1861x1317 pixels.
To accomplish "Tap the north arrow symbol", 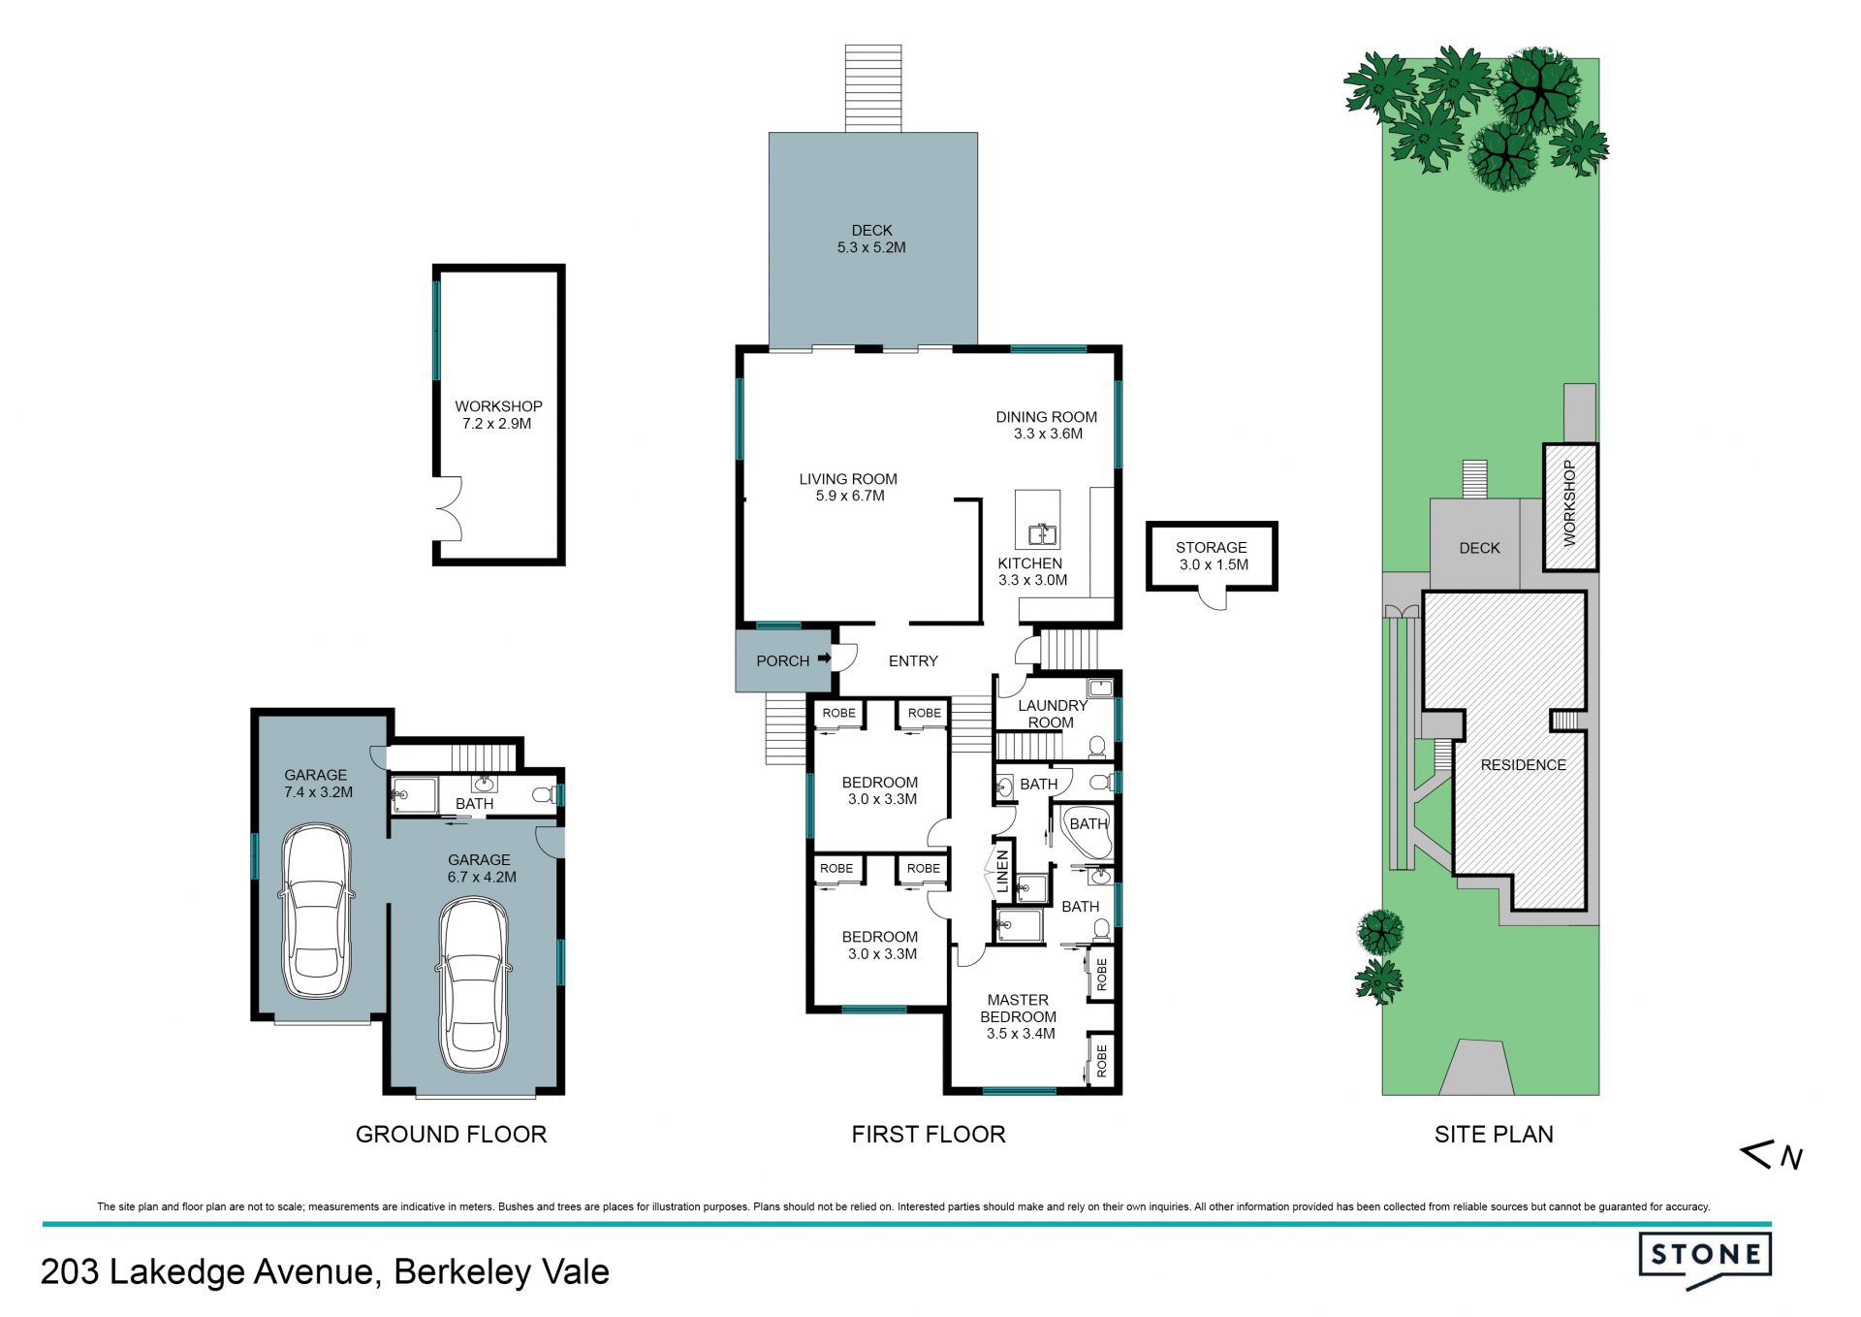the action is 1772,1154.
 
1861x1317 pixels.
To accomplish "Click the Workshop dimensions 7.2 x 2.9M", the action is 496,424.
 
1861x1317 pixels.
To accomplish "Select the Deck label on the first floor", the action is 871,230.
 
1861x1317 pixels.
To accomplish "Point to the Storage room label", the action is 1212,547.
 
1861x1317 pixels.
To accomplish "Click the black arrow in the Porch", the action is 824,658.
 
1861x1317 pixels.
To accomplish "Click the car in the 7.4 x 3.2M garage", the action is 317,911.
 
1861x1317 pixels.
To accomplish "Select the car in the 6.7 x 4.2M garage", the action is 474,985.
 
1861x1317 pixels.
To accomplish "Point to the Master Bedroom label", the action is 1018,1008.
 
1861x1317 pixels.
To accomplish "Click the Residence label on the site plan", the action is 1523,765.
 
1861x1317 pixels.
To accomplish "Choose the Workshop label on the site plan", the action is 1569,503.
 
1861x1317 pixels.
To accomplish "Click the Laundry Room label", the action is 1053,714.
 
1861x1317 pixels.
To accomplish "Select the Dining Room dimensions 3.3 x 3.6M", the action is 1048,434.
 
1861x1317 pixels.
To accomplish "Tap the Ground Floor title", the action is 451,1134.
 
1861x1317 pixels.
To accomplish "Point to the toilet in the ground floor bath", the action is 544,795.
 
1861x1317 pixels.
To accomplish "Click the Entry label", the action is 913,660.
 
